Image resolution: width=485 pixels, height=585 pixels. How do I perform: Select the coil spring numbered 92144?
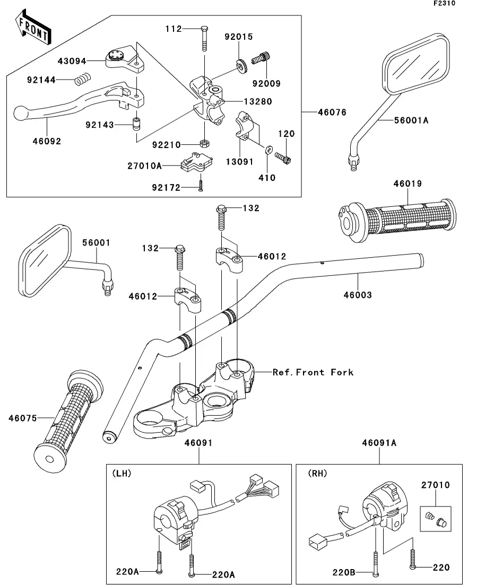(81, 80)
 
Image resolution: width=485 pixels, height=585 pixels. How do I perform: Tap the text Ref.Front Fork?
(313, 372)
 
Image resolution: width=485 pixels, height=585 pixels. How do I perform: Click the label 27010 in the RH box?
(436, 485)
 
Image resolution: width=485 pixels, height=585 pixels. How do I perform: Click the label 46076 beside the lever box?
(332, 112)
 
